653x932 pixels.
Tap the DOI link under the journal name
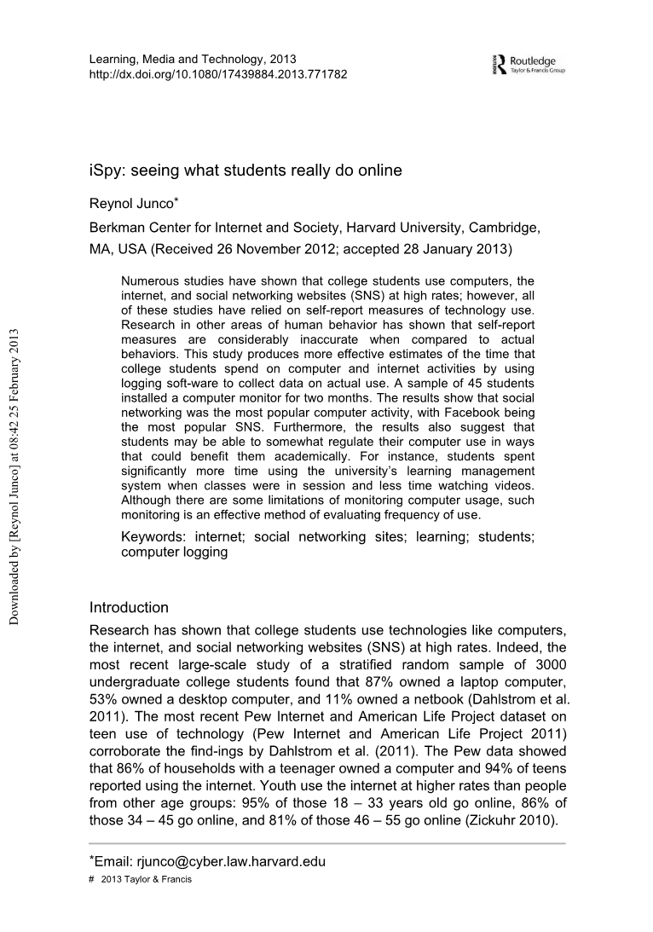pos(217,73)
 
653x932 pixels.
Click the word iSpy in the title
pos(106,171)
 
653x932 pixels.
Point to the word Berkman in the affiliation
pos(117,229)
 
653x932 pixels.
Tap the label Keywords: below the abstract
pos(155,537)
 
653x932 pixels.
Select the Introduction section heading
pos(129,608)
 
